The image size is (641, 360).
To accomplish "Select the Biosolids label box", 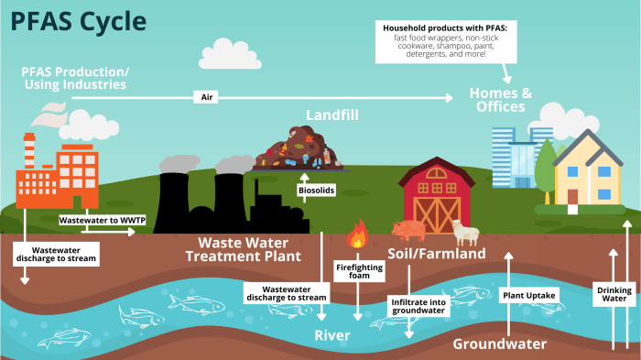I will (x=314, y=191).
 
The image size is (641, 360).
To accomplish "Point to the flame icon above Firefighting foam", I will (x=357, y=237).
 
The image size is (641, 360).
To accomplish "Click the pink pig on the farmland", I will (x=409, y=228).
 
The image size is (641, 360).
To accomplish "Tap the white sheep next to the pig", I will (x=466, y=233).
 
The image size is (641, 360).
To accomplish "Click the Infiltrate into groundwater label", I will (x=418, y=306).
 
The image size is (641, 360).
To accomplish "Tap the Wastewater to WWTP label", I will (x=94, y=221).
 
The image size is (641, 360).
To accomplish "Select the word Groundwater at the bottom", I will (x=499, y=344).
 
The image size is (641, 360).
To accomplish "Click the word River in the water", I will (x=332, y=335).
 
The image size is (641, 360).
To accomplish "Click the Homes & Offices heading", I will (x=500, y=99).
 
